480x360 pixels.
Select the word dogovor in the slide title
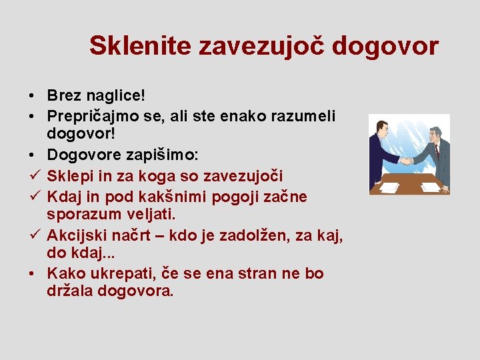(x=385, y=46)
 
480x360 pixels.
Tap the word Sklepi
(x=68, y=175)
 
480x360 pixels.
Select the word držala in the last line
(x=69, y=291)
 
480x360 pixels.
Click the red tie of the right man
(x=436, y=149)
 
